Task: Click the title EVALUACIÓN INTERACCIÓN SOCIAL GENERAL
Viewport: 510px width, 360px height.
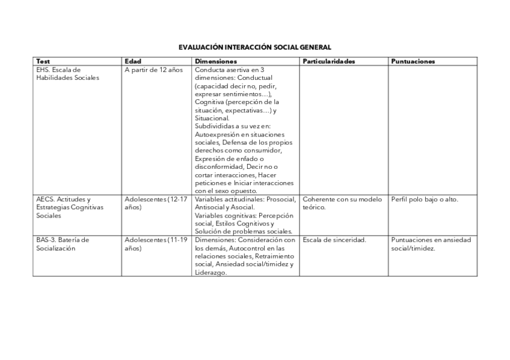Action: (x=254, y=47)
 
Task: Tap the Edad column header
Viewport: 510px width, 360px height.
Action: (x=132, y=61)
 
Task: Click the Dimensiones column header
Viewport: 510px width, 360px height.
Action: (x=216, y=61)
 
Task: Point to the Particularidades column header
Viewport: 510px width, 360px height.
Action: (x=329, y=61)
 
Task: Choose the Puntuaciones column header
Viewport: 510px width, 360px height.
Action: (x=413, y=61)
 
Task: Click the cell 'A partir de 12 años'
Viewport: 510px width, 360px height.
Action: (x=153, y=70)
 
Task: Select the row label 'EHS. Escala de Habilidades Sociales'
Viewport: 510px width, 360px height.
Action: (x=67, y=73)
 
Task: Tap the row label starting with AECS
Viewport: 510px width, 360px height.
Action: (x=70, y=207)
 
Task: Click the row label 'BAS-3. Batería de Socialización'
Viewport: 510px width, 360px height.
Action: (x=63, y=243)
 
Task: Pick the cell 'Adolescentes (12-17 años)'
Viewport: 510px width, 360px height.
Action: (x=156, y=203)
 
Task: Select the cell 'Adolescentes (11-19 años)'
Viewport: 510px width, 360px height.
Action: (x=156, y=243)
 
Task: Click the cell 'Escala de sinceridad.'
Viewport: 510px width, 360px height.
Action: (x=334, y=240)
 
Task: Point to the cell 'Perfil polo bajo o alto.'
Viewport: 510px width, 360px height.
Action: (x=425, y=199)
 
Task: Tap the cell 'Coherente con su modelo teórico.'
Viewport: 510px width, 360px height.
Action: (x=342, y=203)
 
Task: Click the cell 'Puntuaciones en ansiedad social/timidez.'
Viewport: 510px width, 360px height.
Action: (x=431, y=243)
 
